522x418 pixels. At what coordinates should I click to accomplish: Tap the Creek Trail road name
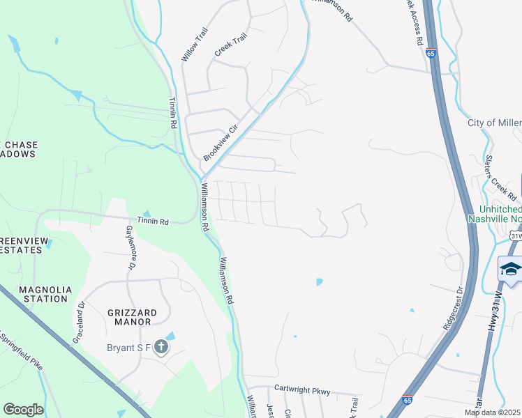point(231,45)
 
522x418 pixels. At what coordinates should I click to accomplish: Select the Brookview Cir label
point(221,139)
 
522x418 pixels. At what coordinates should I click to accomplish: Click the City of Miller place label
point(494,123)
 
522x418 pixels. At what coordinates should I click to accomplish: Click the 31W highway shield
point(515,237)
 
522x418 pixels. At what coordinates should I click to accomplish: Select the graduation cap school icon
point(511,270)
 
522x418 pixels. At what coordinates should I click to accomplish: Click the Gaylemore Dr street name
point(130,247)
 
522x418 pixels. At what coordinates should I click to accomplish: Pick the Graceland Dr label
point(78,320)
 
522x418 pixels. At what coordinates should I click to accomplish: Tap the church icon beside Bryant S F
point(161,347)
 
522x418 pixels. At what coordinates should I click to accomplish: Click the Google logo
point(23,410)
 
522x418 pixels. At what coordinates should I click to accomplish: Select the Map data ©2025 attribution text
point(493,412)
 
